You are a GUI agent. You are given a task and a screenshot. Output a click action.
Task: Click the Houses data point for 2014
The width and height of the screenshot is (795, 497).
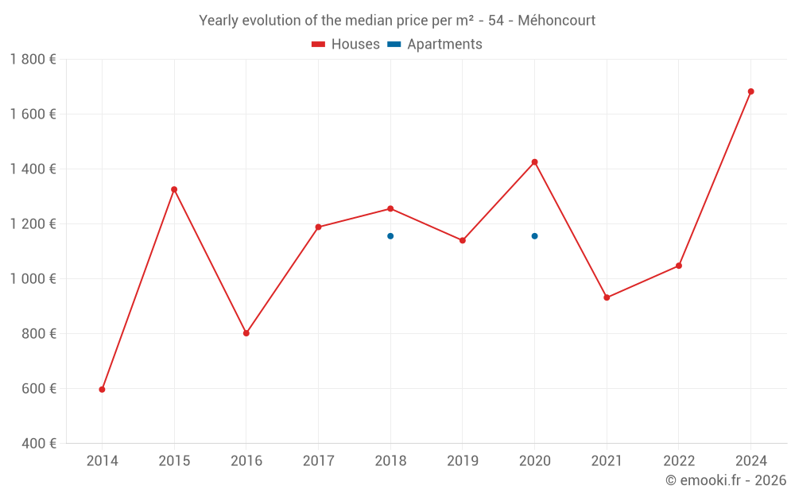[x=102, y=390]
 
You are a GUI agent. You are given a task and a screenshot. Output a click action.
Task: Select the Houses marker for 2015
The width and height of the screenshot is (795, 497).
[x=174, y=189]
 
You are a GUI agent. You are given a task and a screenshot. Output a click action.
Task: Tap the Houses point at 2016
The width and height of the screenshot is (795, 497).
[x=246, y=333]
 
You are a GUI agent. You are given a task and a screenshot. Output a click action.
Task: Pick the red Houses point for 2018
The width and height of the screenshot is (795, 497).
[x=390, y=208]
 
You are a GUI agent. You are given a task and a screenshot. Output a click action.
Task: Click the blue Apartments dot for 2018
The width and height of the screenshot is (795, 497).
[x=390, y=236]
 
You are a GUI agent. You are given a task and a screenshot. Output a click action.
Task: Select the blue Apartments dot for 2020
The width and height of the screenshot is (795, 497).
[x=534, y=236]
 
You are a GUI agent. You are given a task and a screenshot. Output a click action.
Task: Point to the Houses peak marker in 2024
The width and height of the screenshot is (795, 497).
[x=750, y=91]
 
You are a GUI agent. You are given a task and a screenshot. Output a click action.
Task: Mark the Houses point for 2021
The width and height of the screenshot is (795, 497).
[x=607, y=297]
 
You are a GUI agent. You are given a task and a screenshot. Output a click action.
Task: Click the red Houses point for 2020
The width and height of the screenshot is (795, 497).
[x=534, y=162]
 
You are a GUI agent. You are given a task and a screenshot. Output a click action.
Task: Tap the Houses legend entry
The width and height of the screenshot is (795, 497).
[x=347, y=45]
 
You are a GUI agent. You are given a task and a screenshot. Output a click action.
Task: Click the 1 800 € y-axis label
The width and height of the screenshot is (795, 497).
[x=33, y=60]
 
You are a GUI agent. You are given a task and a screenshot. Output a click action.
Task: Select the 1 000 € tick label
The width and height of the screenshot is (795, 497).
[x=33, y=279]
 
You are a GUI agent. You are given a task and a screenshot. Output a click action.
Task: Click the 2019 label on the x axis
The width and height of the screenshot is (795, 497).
[x=463, y=460]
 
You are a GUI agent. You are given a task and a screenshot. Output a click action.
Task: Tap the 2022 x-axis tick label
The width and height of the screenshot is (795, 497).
[x=678, y=460]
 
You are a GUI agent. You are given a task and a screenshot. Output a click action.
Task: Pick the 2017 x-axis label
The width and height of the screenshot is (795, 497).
[x=318, y=460]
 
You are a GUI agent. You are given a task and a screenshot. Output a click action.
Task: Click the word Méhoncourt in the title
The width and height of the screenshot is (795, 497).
[x=556, y=21]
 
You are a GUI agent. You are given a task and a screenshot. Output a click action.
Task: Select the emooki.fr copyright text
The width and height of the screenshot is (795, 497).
[x=725, y=480]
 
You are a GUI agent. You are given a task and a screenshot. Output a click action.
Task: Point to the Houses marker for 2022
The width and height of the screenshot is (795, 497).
[x=678, y=266]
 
